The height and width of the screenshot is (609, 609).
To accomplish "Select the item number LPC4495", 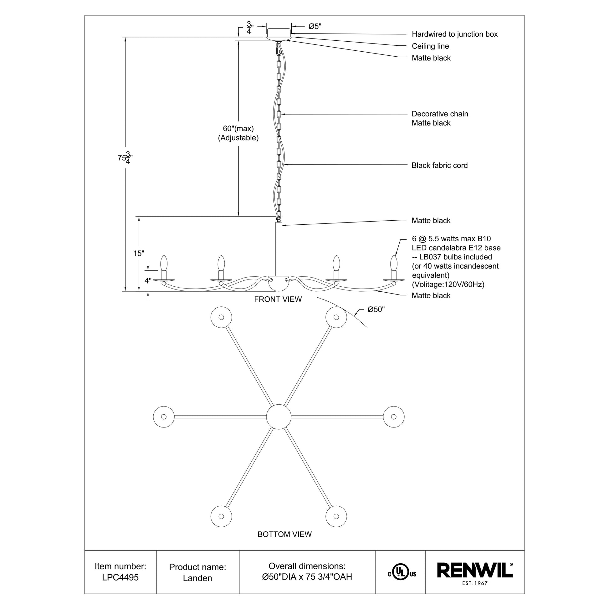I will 120,577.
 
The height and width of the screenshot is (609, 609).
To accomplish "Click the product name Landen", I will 197,578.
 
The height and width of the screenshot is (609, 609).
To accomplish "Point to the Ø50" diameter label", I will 376,310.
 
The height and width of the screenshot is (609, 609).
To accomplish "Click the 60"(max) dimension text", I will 238,129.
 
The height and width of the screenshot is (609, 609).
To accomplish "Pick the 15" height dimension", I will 139,253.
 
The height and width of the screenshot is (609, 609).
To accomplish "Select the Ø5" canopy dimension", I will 315,27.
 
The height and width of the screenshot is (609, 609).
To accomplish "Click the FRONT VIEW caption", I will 278,299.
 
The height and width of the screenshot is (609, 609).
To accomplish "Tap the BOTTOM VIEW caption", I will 285,534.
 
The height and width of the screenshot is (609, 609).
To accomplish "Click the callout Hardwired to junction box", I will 454,34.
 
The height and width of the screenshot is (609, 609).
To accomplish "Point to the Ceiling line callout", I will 430,46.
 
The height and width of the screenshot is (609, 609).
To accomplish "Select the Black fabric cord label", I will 439,165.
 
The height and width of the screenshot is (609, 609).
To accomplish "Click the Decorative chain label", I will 440,114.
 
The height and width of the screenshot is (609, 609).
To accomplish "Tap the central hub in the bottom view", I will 279,417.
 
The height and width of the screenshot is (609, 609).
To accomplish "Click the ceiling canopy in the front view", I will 279,33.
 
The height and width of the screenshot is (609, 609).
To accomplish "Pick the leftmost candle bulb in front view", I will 164,263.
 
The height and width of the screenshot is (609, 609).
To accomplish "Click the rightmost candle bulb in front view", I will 393,263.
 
